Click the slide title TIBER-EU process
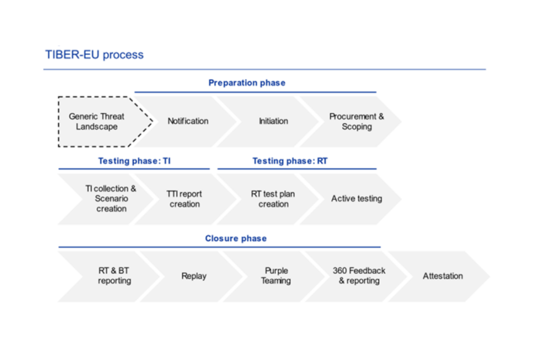pos(94,55)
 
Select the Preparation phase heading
pos(246,83)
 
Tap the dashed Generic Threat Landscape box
pos(98,121)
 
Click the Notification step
pos(188,121)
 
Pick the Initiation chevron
pos(273,121)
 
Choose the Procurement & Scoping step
pos(356,121)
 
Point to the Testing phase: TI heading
pos(134,161)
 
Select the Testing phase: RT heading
pos(290,161)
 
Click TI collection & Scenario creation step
pos(111,199)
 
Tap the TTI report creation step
pos(184,199)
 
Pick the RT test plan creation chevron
pos(273,199)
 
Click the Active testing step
pos(356,199)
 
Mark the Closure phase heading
pos(236,238)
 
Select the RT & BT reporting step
pos(114,276)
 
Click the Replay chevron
pos(194,276)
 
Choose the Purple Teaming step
pos(276,276)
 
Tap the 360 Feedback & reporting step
pos(359,276)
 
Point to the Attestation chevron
pos(442,276)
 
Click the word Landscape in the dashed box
pos(97,127)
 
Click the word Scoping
pos(356,127)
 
